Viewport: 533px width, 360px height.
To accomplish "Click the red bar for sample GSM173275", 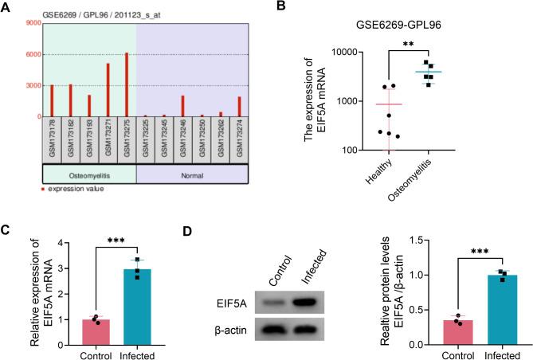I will point(126,85).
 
